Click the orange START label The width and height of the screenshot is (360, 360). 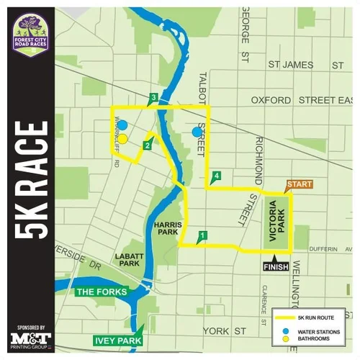pyautogui.click(x=300, y=185)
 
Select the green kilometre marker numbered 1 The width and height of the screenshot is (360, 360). pyautogui.click(x=203, y=235)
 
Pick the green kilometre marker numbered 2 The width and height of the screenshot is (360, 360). pyautogui.click(x=147, y=146)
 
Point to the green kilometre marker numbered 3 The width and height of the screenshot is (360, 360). pyautogui.click(x=153, y=98)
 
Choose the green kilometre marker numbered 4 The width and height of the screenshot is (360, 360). pyautogui.click(x=216, y=176)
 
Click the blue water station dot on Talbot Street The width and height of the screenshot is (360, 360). pyautogui.click(x=197, y=132)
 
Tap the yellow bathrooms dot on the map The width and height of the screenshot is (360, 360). pyautogui.click(x=122, y=138)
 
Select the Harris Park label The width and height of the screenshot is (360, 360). pyautogui.click(x=166, y=229)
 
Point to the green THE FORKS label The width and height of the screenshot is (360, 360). pyautogui.click(x=102, y=292)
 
